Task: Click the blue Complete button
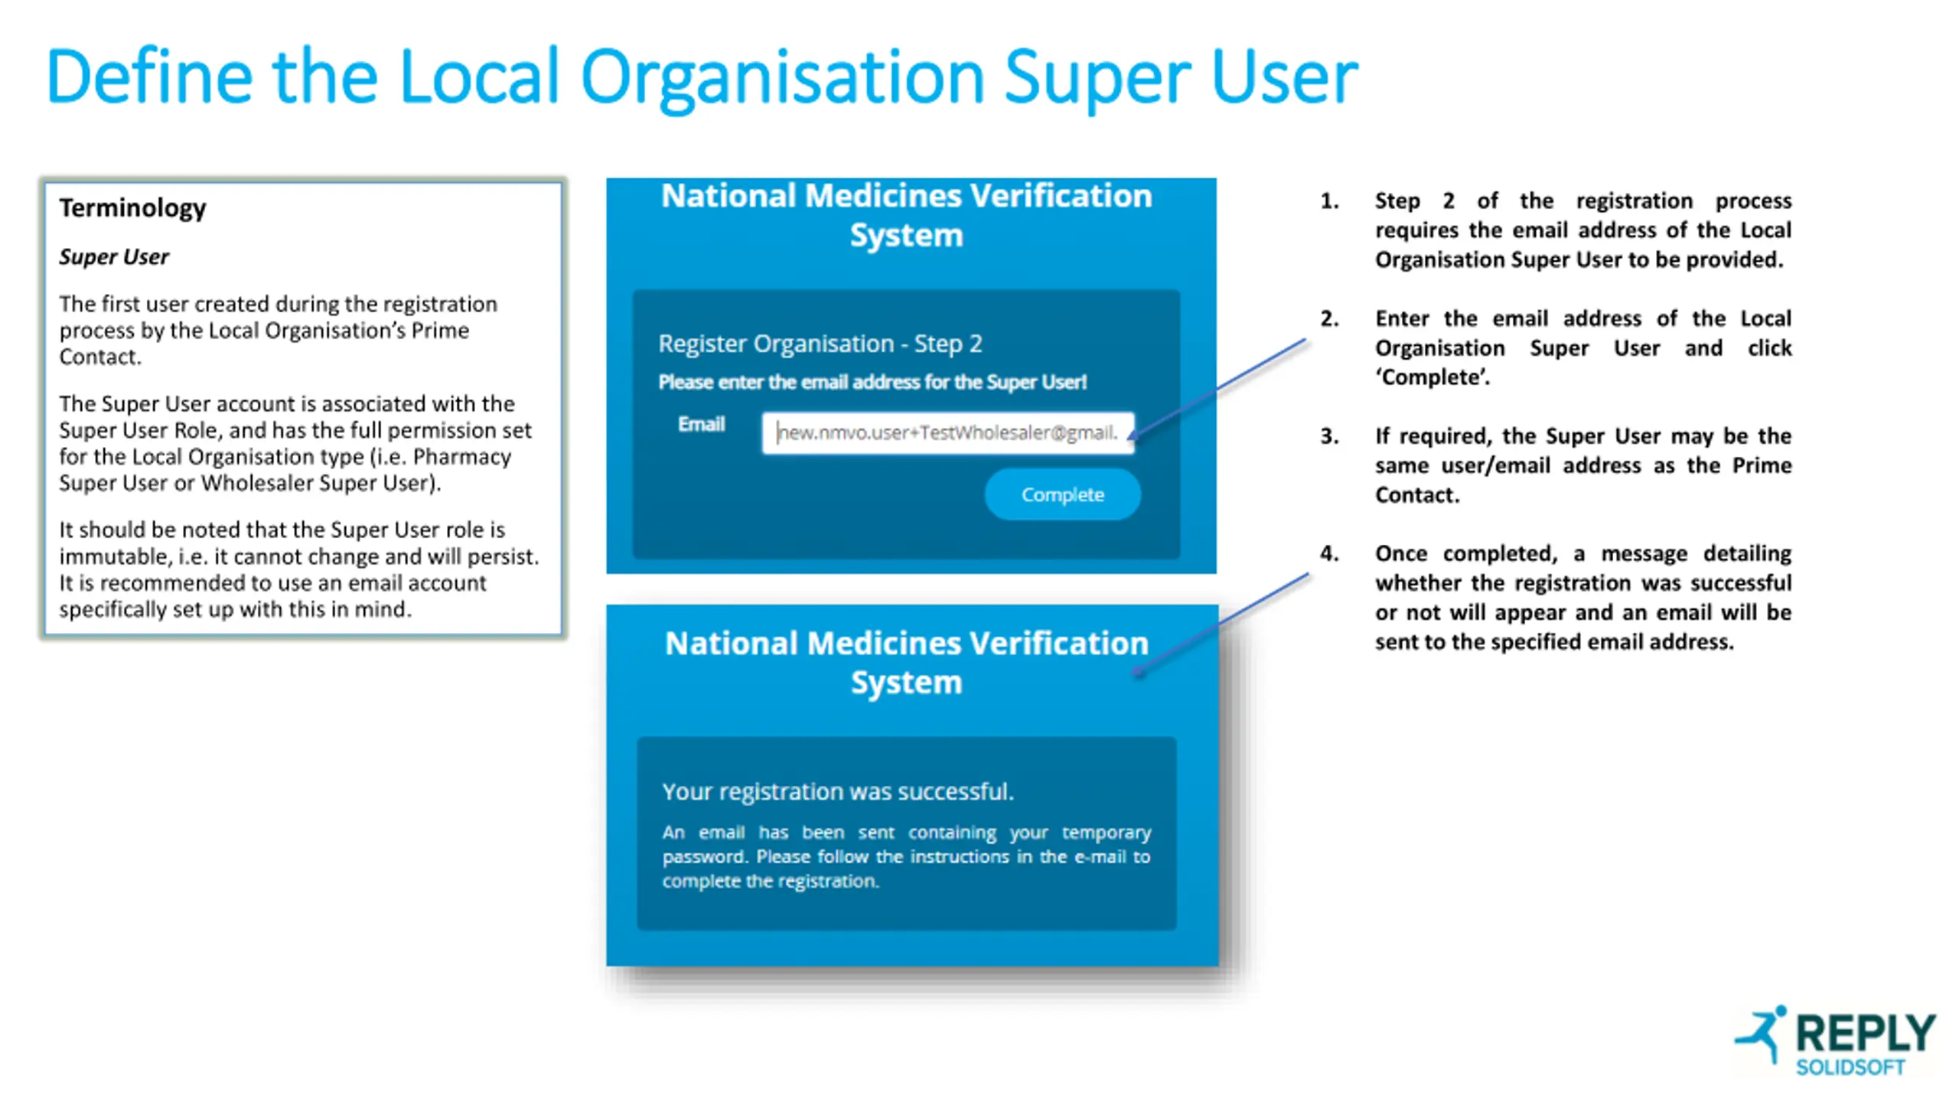point(1061,494)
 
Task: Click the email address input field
point(947,432)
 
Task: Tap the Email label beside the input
point(700,424)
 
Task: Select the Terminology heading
point(132,207)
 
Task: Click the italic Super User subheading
point(114,257)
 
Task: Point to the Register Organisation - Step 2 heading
point(820,344)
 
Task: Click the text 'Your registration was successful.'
point(837,791)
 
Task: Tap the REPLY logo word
point(1864,1033)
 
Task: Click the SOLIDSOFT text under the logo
point(1850,1068)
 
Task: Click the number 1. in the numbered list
point(1329,201)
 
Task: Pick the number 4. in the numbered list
point(1329,553)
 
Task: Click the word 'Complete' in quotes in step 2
point(1433,377)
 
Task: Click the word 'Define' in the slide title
point(149,77)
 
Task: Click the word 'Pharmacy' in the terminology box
point(461,457)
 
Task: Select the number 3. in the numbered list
point(1329,436)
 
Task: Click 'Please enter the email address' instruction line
point(872,382)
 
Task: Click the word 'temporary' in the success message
point(1106,832)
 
